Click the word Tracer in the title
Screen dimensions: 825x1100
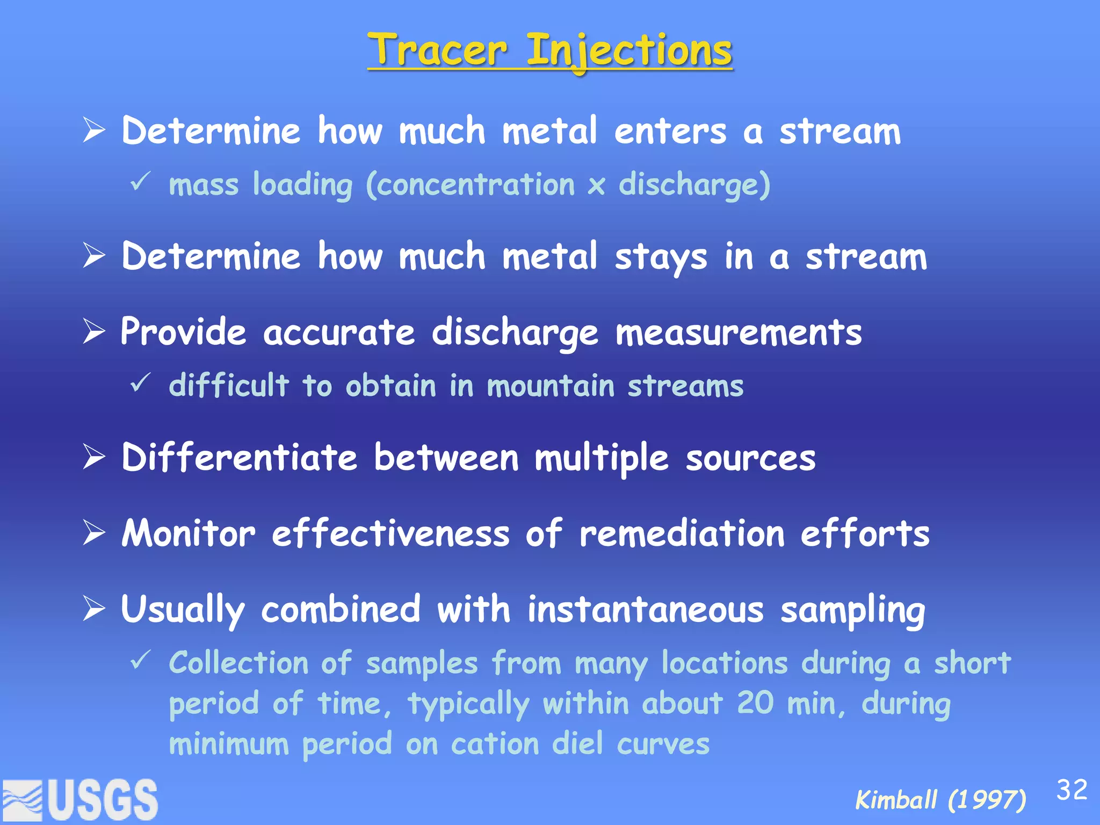point(438,50)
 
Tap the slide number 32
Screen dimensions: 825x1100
point(1072,790)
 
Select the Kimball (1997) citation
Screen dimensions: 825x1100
point(940,800)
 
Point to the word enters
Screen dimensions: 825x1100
point(670,132)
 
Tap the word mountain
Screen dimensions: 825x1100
point(551,386)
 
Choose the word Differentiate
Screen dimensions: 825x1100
point(239,458)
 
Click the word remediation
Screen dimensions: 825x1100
point(682,534)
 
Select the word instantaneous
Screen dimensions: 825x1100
point(645,610)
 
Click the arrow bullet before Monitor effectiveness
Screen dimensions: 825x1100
point(94,533)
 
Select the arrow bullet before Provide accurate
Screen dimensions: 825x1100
point(94,331)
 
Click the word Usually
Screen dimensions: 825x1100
point(183,611)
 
